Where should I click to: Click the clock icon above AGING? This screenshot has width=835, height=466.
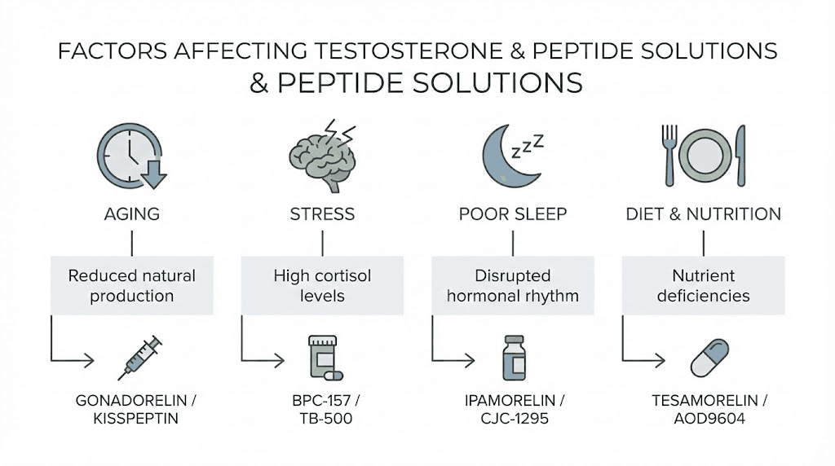(x=129, y=155)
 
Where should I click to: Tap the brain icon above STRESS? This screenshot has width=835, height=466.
(x=322, y=156)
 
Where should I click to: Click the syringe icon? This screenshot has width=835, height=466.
(x=140, y=357)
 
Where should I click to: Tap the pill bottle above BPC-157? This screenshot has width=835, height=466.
(x=320, y=356)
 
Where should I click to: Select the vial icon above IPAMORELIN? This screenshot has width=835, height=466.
(x=513, y=356)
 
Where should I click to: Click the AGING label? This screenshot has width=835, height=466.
(x=132, y=214)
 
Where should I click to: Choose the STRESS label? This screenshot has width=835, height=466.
(x=322, y=214)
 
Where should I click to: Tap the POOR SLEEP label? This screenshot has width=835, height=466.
(x=513, y=214)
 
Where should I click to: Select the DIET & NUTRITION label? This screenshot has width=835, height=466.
(x=703, y=214)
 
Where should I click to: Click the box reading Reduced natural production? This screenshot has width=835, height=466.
(x=132, y=285)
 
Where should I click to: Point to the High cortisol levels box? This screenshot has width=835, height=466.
(x=322, y=285)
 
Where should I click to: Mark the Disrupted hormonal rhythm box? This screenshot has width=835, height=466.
(x=513, y=285)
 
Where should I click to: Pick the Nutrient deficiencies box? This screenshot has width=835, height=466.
(x=703, y=285)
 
